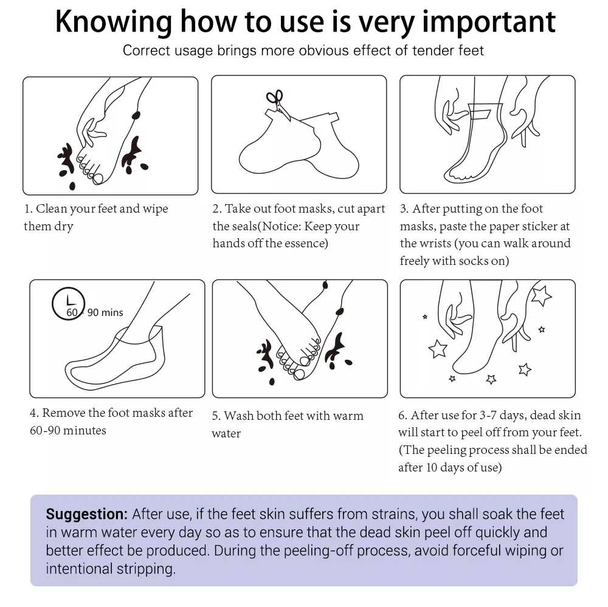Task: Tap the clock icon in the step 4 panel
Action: coord(68,304)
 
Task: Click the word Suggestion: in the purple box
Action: coord(86,514)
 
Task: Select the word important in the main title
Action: coord(489,22)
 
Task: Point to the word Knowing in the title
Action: coord(114,23)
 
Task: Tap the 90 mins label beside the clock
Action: coord(105,312)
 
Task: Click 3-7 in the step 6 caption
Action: coord(488,415)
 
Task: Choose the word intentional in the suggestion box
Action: coord(79,569)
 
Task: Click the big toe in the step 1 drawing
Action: coord(98,179)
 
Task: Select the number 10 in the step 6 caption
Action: coord(432,467)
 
